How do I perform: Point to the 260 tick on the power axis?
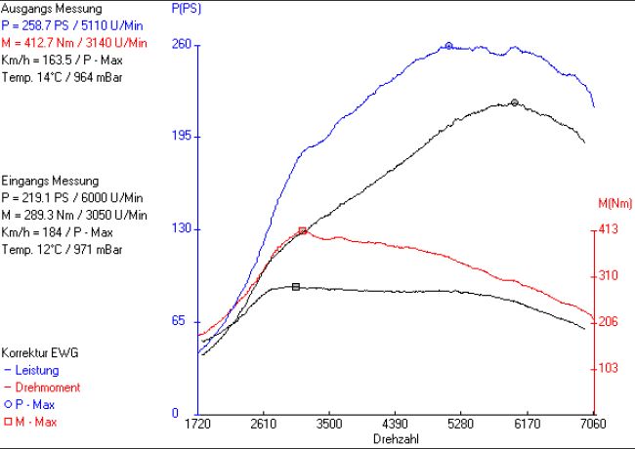[x=181, y=45]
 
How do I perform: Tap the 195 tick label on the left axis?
[x=181, y=137]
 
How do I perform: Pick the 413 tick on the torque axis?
[x=609, y=230]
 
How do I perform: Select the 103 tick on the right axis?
[x=609, y=368]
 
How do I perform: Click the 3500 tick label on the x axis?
[x=329, y=427]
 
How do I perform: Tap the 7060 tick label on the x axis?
[x=592, y=427]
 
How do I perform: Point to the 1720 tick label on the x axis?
[x=198, y=427]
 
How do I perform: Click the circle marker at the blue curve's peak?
[x=448, y=46]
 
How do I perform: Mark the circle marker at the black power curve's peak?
[x=514, y=102]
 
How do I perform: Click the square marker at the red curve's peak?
[x=303, y=230]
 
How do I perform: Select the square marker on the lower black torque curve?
[x=295, y=287]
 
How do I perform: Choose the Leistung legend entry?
[x=35, y=370]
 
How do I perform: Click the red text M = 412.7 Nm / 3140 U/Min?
[x=74, y=43]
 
